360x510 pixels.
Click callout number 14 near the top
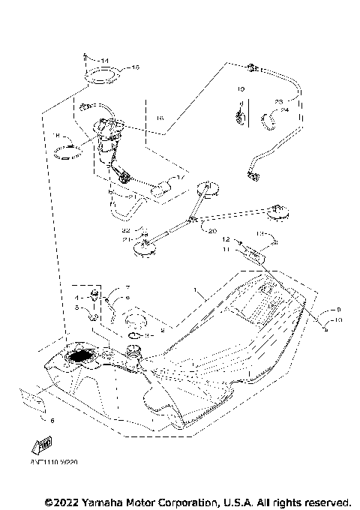coord(105,60)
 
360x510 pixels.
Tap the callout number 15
coord(136,67)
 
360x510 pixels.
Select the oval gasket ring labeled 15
coord(103,76)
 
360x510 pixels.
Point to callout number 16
coord(159,118)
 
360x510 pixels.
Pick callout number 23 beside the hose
coord(277,101)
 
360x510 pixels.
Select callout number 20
coord(212,231)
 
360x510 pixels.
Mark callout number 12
coord(223,239)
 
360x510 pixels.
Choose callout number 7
coord(127,288)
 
